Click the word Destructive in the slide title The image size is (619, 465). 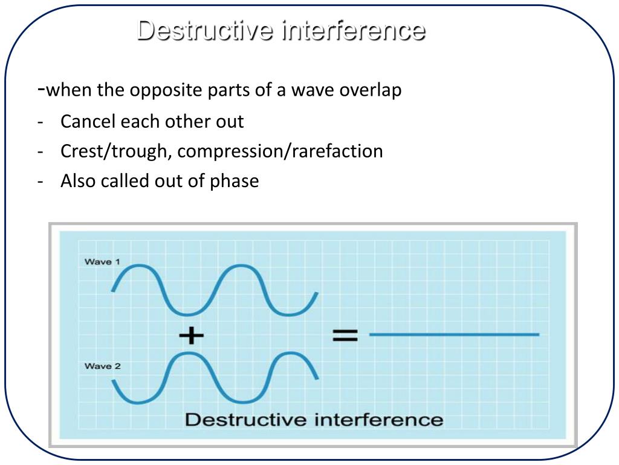[x=204, y=30]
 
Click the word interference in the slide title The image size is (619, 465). [x=352, y=30]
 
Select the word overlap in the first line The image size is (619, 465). [x=370, y=91]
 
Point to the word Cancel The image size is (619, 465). [x=88, y=121]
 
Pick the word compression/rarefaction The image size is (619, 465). [x=280, y=151]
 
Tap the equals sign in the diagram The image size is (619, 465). [x=345, y=335]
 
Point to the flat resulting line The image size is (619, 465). [x=453, y=334]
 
